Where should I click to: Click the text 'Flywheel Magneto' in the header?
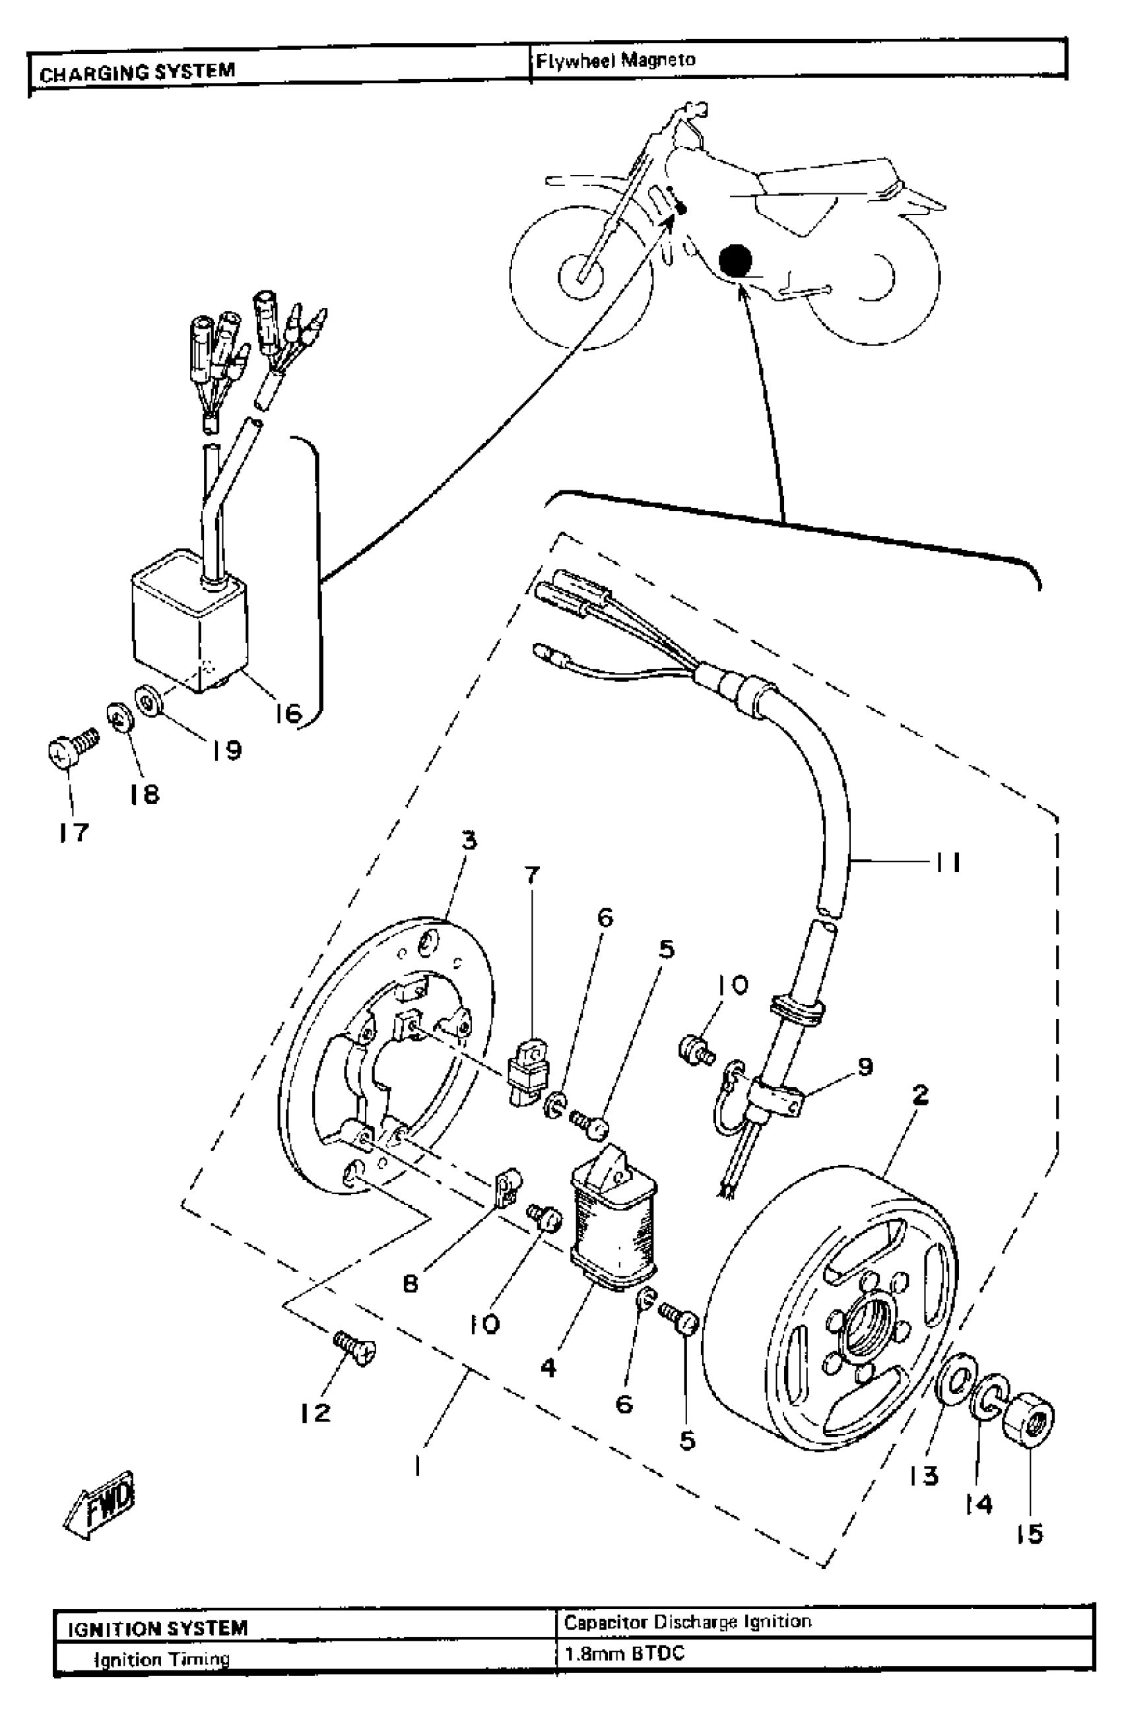(x=615, y=60)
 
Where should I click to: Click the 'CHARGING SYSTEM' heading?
(x=137, y=72)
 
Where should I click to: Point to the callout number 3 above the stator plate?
(x=469, y=840)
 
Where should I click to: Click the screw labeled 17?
(x=67, y=751)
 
